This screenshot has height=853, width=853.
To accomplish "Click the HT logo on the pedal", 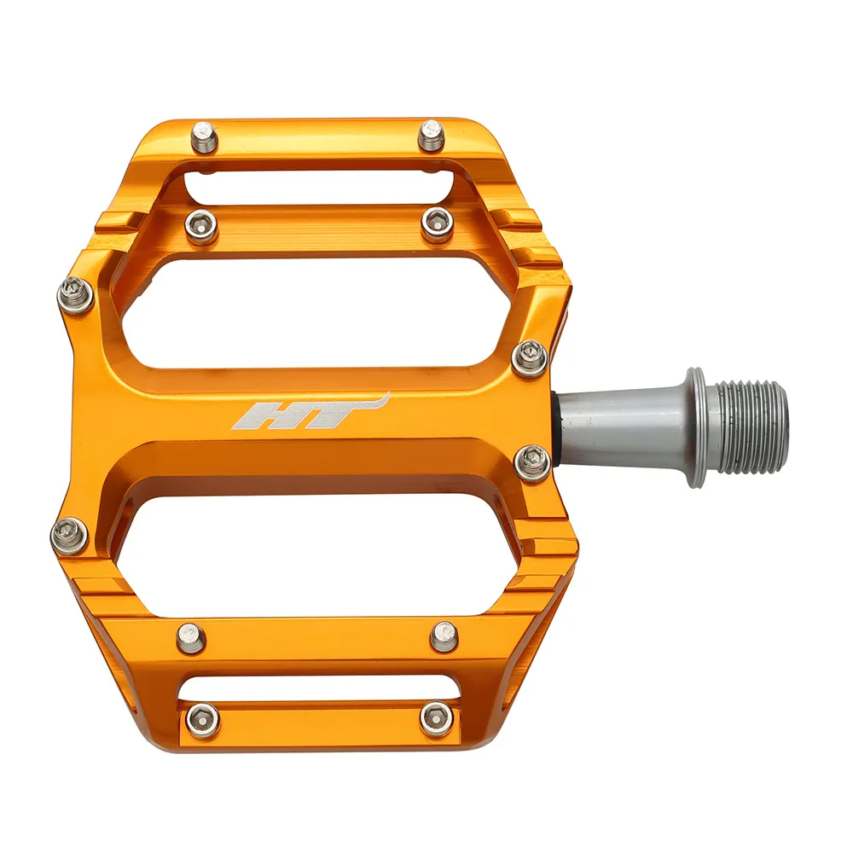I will coord(307,414).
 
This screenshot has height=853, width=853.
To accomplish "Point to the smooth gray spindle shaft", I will coord(618,424).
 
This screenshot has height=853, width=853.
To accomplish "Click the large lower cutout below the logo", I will coord(316,542).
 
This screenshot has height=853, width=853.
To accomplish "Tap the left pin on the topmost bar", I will coord(204,136).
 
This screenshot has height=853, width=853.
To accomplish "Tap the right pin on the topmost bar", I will coord(432,135).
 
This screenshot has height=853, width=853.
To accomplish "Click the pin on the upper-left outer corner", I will coord(74,295).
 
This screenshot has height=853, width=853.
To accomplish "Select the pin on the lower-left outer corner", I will coord(70,535).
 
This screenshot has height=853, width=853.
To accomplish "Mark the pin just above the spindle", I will coord(530,356).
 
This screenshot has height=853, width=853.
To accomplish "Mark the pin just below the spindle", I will coord(533,462).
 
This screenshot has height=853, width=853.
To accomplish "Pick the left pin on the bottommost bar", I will coord(202,720).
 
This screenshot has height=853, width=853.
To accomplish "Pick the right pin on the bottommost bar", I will coord(436,719).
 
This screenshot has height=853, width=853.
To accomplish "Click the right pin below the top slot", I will coord(437,223).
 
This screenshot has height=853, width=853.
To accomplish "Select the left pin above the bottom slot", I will coord(190,637).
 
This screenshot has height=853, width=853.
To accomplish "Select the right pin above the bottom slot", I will coord(444,635).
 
